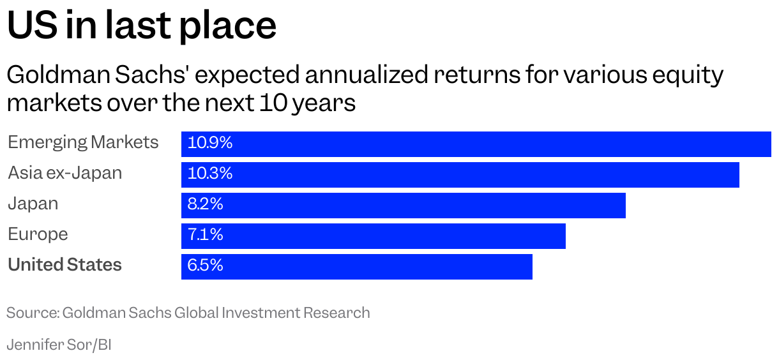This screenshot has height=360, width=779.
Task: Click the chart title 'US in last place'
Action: click(x=141, y=26)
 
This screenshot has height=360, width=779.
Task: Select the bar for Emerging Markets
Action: click(x=476, y=144)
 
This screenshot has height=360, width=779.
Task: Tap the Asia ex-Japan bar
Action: click(x=460, y=174)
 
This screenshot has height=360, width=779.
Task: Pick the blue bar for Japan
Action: click(x=403, y=205)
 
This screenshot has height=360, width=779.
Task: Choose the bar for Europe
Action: click(x=373, y=236)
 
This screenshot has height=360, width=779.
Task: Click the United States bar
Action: click(x=356, y=266)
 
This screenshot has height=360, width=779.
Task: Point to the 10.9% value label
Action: click(x=210, y=144)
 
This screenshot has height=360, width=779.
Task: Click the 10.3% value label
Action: click(x=210, y=174)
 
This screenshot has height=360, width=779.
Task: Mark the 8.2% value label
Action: click(x=205, y=205)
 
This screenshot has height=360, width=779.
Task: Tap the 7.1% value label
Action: click(x=205, y=236)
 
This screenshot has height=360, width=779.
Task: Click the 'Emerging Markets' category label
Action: click(x=83, y=142)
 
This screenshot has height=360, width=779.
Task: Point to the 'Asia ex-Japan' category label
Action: click(x=64, y=173)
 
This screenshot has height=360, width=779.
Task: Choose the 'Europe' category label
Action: click(x=38, y=234)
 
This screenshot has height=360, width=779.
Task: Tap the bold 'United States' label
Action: click(x=64, y=265)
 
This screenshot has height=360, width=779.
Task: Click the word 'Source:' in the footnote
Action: click(x=33, y=313)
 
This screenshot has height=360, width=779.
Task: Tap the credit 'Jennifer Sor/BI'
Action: click(x=59, y=345)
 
